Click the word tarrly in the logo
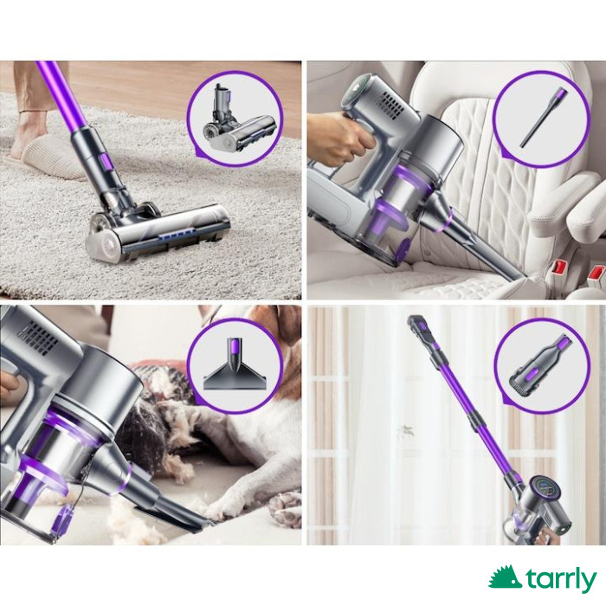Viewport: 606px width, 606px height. [x=561, y=581]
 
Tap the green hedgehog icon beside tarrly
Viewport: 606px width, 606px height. [x=505, y=577]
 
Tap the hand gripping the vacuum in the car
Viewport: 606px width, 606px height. [x=339, y=136]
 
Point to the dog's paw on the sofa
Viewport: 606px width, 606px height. [x=286, y=511]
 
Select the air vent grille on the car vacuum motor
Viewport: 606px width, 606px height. [x=393, y=105]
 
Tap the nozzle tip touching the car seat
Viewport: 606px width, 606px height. [x=519, y=275]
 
